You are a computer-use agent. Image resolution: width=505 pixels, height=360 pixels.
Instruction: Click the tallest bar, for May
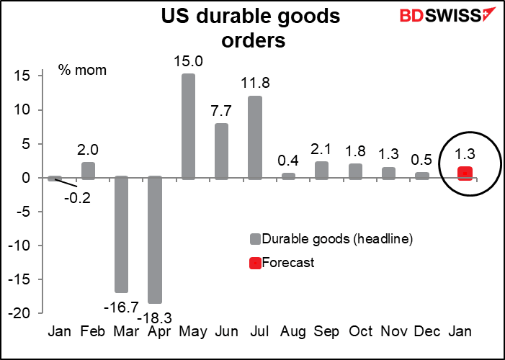[x=188, y=126]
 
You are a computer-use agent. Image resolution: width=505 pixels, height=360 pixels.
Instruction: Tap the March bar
[x=121, y=235]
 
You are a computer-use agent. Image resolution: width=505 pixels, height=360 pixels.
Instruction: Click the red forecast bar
[x=465, y=174]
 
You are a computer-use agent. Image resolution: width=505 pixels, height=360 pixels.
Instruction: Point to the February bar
[x=87, y=171]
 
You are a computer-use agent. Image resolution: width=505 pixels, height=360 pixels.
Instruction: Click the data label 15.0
[x=187, y=62]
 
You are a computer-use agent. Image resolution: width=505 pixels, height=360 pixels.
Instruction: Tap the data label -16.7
[x=120, y=307]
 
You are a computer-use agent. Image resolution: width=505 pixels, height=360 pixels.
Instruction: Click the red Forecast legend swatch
[x=255, y=263]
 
